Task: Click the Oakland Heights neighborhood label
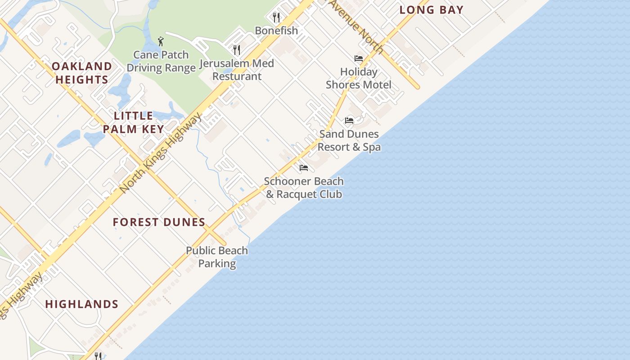[x=81, y=73]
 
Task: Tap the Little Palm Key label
[x=133, y=122]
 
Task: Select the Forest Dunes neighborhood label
[x=159, y=222]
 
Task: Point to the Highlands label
[x=82, y=304]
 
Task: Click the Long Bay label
[x=431, y=10]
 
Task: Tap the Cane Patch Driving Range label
[x=161, y=61]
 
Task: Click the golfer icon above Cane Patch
[x=161, y=42]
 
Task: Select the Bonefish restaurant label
[x=276, y=31]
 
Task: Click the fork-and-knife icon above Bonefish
[x=276, y=18]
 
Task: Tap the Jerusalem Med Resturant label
[x=237, y=70]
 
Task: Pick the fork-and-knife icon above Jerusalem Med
[x=237, y=49]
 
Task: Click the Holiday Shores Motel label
[x=359, y=78]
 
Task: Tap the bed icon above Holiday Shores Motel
[x=359, y=58]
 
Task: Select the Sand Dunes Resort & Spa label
[x=349, y=140]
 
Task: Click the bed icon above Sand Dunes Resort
[x=349, y=120]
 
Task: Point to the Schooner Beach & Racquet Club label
[x=304, y=188]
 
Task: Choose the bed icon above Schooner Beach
[x=304, y=168]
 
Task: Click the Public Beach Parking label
[x=217, y=257]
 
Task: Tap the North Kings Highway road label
[x=161, y=153]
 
